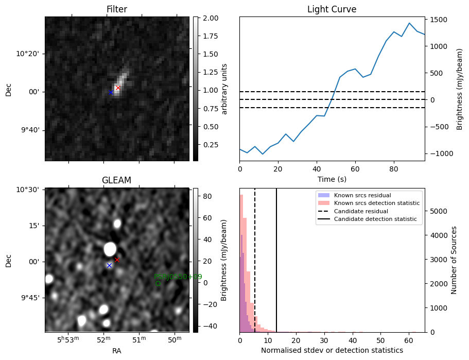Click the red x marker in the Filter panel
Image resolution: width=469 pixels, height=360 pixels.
pyautogui.click(x=118, y=88)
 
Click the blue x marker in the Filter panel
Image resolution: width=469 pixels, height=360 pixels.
pyautogui.click(x=111, y=93)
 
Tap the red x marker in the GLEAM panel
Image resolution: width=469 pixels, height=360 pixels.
pyautogui.click(x=117, y=260)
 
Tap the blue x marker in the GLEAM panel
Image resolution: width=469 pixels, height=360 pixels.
pyautogui.click(x=109, y=265)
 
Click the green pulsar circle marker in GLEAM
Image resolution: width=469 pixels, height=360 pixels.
pyautogui.click(x=158, y=284)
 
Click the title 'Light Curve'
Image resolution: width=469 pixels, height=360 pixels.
pyautogui.click(x=332, y=9)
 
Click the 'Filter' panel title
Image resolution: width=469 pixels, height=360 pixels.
pyautogui.click(x=117, y=9)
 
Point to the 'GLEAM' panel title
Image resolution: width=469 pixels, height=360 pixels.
pyautogui.click(x=117, y=180)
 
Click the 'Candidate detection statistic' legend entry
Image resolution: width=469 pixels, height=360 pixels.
pyautogui.click(x=377, y=220)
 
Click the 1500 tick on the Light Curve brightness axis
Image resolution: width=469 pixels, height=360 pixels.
pyautogui.click(x=439, y=20)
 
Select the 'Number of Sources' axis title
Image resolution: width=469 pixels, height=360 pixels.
pyautogui.click(x=455, y=260)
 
